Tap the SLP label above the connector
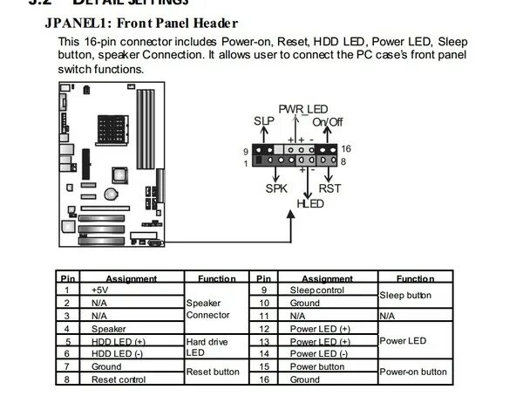point(263,120)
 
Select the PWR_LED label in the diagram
point(298,109)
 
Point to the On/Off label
point(327,121)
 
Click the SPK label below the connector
point(275,188)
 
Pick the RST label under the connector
point(330,188)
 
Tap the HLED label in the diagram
point(309,202)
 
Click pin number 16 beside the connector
point(345,149)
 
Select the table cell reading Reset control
point(119,380)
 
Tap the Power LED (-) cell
point(319,354)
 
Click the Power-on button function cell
point(413,372)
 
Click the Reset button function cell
point(213,372)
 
